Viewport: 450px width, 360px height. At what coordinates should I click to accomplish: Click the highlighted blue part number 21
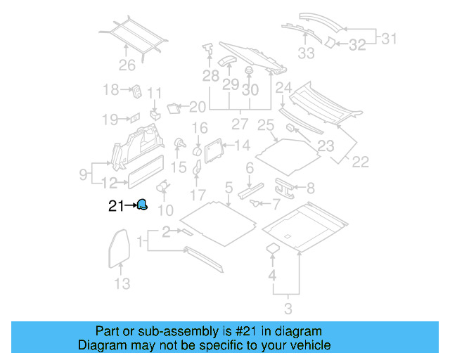[142, 205]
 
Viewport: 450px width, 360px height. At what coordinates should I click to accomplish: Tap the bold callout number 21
[116, 206]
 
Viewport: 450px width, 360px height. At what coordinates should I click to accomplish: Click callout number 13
[122, 284]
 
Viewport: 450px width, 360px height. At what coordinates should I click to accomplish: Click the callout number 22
[359, 162]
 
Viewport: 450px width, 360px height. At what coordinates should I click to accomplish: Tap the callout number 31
[389, 39]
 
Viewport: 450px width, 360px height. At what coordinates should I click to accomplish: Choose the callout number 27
[241, 124]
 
